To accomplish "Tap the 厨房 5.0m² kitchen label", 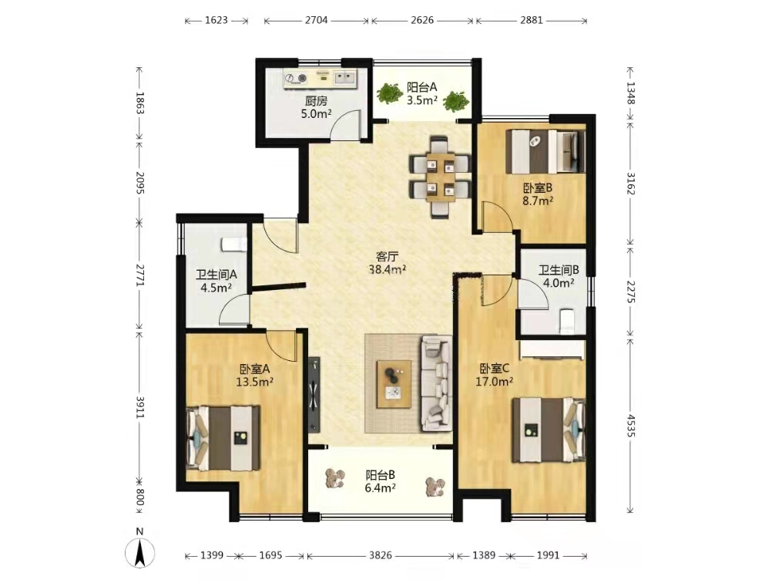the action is pos(316,107).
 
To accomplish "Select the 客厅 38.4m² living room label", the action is pos(387,263).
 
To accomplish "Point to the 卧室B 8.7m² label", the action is pos(538,194).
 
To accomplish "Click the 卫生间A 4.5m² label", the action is pos(216,282).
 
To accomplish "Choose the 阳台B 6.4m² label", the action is pos(380,481).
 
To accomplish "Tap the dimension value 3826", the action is pos(381,555).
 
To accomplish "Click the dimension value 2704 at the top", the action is pos(316,20).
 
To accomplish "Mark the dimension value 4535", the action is pos(631,426).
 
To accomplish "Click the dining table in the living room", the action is pos(441,177).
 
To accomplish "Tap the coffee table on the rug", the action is pos(394,384).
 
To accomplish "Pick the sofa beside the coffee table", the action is pos(436,381).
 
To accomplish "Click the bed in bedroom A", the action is pos(223,438).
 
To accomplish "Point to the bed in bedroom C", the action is pos(549,430).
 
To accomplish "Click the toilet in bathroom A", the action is pos(233,244).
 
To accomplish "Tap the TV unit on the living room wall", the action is pos(314,394).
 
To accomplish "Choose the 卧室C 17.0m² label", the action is pos(495,375).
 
